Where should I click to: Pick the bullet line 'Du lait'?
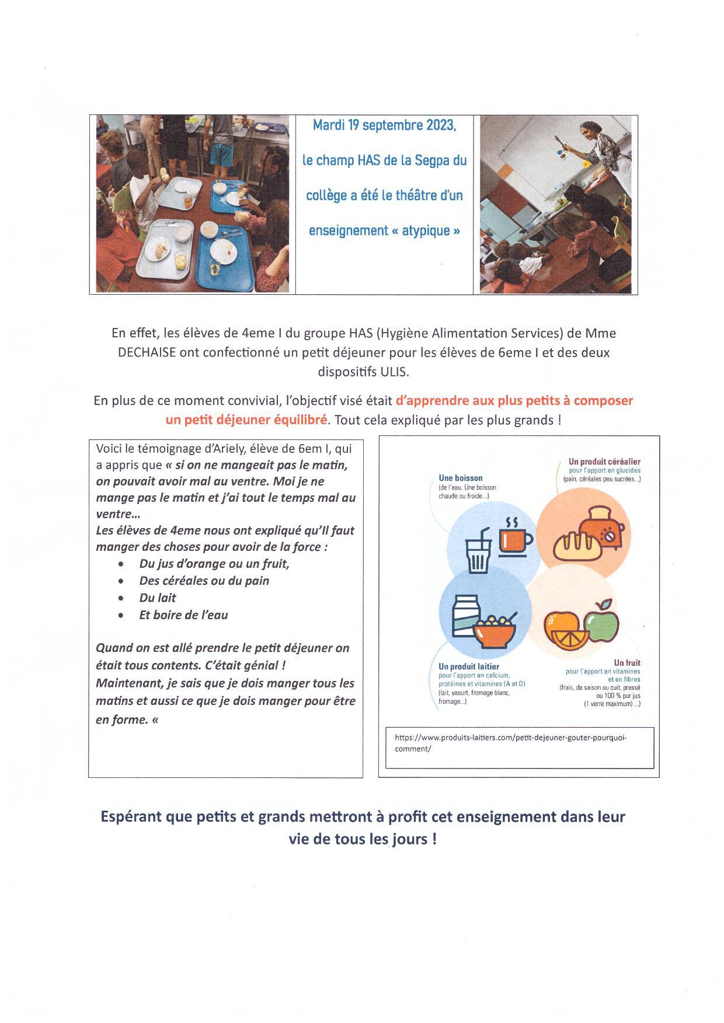coord(158,598)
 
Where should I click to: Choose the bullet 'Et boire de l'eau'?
coord(183,615)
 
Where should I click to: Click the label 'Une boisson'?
coord(461,478)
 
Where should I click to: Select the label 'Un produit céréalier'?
coord(604,462)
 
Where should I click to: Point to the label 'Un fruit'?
coord(626,663)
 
